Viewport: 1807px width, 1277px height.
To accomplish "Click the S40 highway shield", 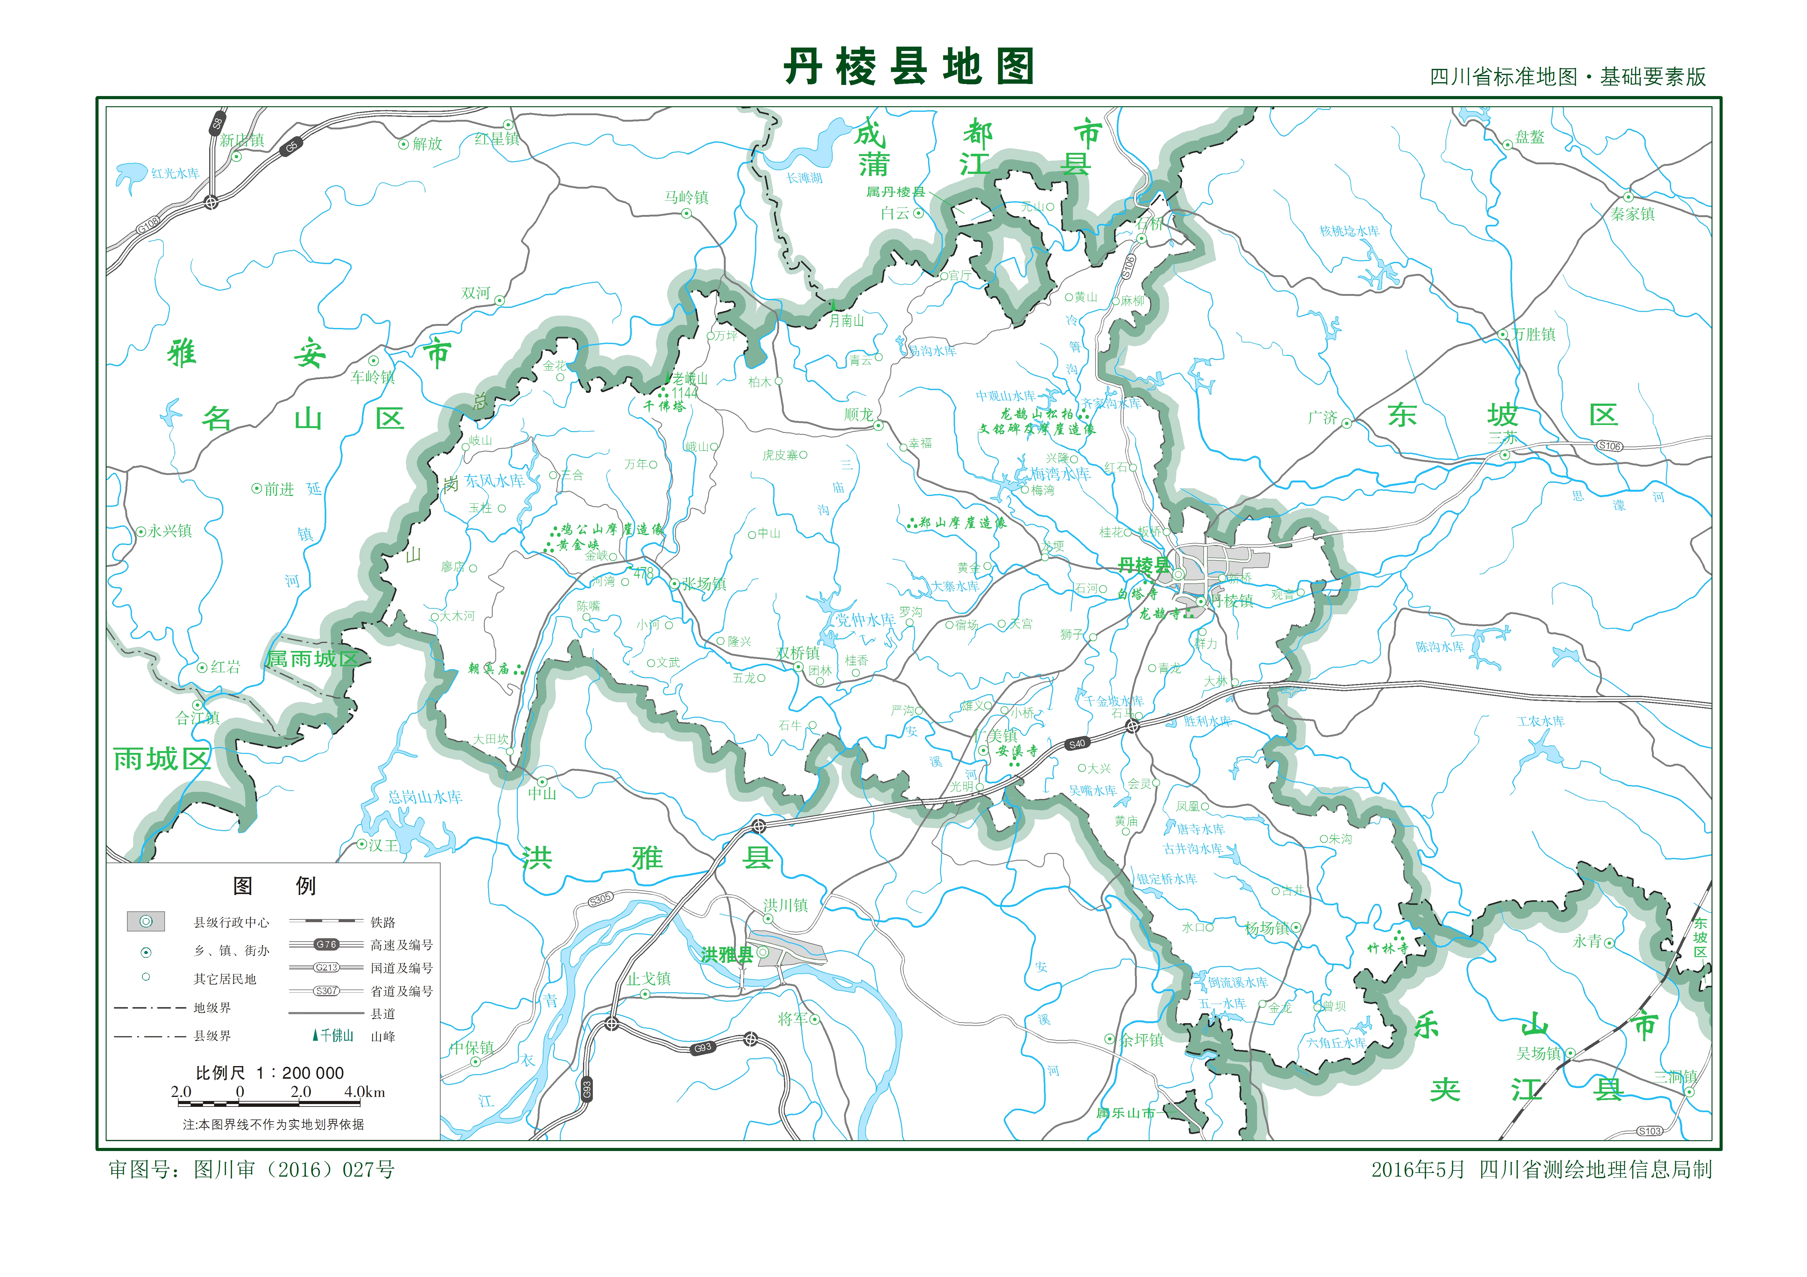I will [1077, 744].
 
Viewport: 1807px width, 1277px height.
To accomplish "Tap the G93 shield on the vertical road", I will [586, 1090].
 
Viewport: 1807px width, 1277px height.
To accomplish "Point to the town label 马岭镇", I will [686, 197].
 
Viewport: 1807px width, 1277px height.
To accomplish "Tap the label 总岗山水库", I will [425, 797].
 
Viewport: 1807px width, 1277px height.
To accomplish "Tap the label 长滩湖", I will [804, 178].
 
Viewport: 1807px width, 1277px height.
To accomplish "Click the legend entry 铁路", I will [383, 922].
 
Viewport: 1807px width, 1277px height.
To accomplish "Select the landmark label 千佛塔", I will [664, 406].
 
